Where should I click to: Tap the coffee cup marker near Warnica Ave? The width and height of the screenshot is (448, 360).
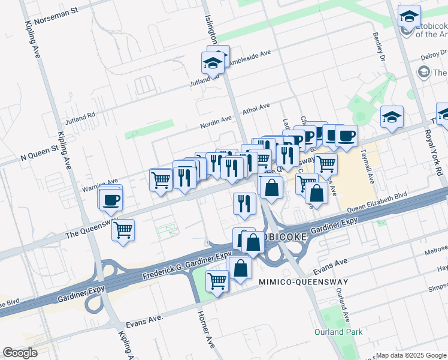coord(111,200)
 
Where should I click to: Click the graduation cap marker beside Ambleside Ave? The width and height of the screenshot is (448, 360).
coord(213,62)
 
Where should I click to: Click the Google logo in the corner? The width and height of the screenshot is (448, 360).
coord(20,353)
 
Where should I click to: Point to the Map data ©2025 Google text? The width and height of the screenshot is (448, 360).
coord(410,355)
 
